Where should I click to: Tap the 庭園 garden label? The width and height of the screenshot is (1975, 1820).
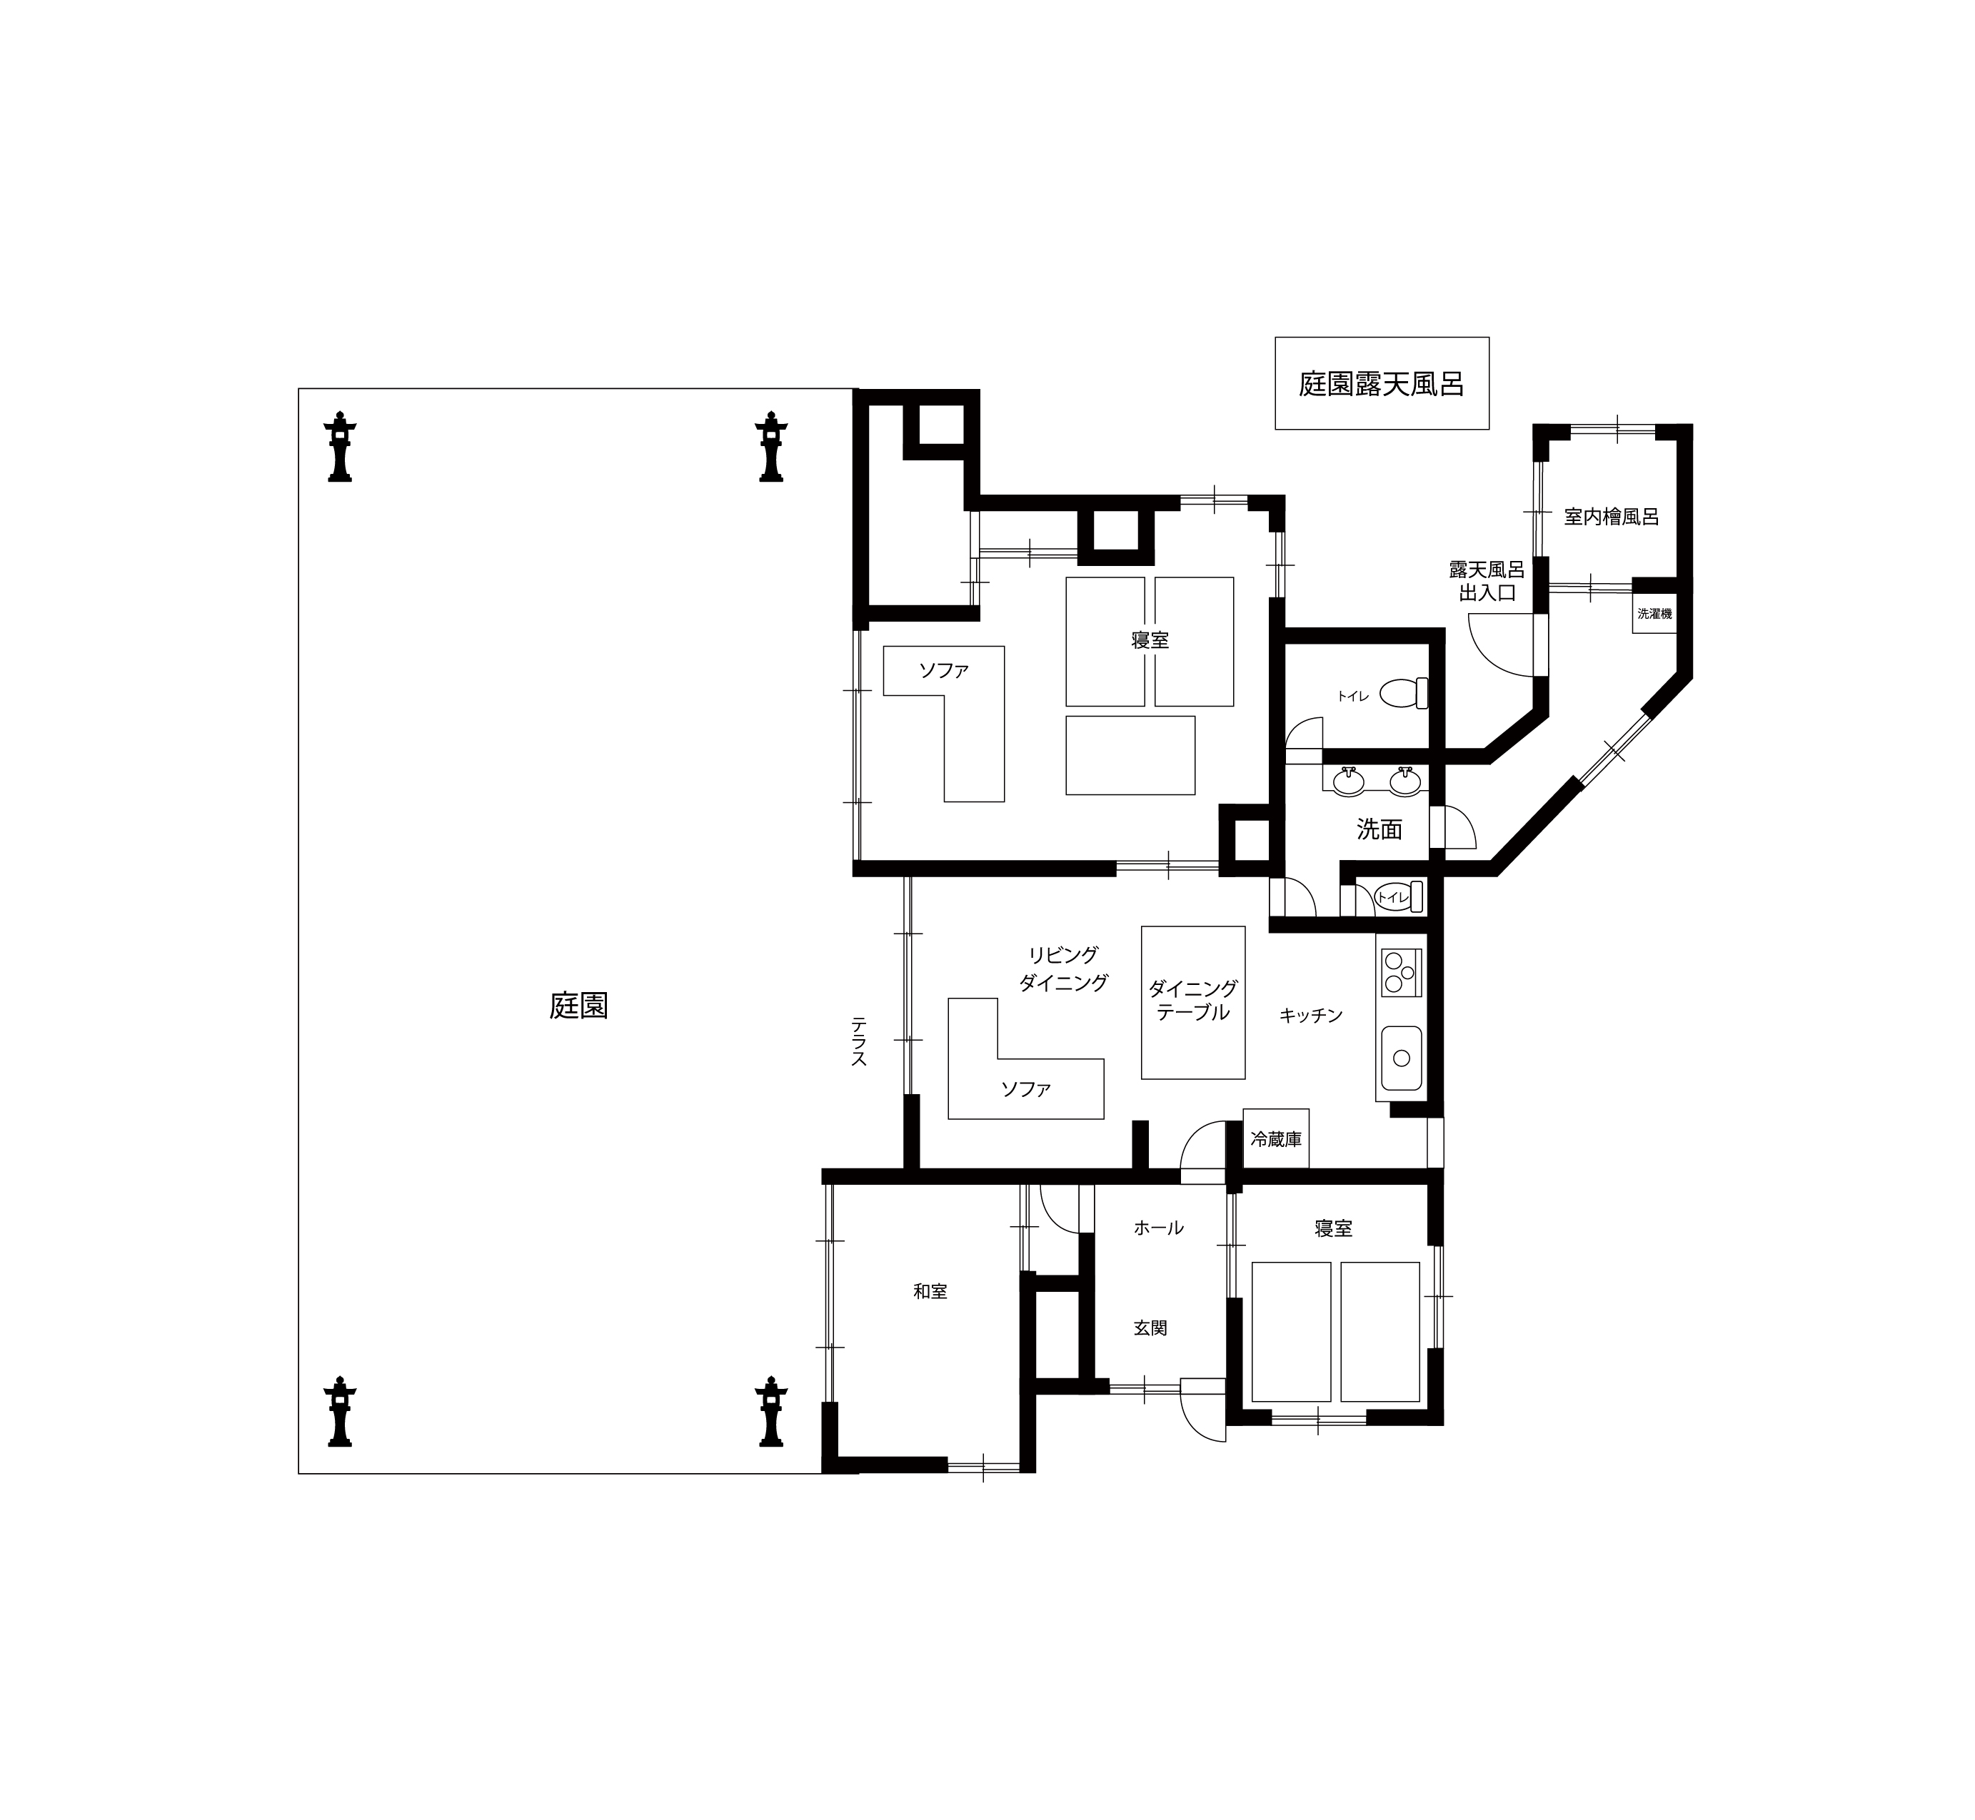click(578, 1006)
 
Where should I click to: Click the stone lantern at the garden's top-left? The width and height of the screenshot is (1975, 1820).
click(340, 446)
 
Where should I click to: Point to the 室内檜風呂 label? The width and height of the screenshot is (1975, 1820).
click(1612, 516)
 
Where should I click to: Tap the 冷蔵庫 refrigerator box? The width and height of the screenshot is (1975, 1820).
click(1276, 1138)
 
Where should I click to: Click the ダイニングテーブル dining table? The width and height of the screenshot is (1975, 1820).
click(1193, 1003)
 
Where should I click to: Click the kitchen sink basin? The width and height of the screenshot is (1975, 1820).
click(1401, 1058)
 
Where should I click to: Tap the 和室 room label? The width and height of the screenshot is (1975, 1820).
click(930, 1291)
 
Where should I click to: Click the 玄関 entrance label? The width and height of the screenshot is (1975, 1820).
click(1150, 1328)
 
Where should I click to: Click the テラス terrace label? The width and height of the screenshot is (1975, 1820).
click(858, 1041)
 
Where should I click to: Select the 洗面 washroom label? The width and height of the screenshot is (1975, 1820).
click(1379, 829)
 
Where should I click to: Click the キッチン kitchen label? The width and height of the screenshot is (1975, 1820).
click(1311, 1016)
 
